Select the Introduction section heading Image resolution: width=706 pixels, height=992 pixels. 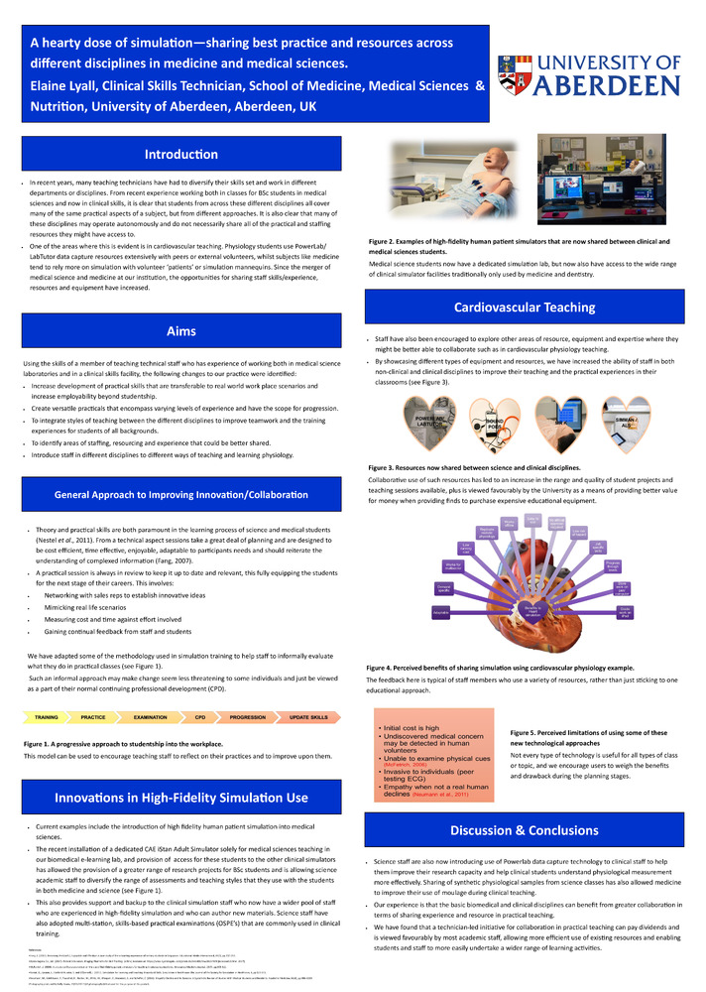click(181, 155)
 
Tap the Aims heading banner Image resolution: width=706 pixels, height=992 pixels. click(181, 331)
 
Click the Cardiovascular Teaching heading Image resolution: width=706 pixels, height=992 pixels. click(525, 308)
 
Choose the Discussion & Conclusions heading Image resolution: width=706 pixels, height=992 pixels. click(524, 829)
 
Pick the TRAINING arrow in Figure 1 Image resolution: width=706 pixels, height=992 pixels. click(46, 716)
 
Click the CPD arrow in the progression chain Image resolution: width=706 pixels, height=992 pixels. click(199, 716)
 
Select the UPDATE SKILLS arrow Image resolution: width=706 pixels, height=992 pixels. click(307, 716)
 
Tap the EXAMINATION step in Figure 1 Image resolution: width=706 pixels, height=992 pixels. click(150, 716)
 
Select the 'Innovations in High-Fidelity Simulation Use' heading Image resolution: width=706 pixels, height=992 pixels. click(181, 797)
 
